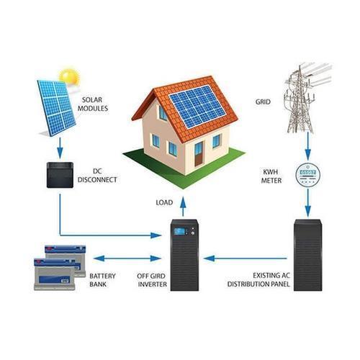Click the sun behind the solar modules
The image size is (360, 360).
[x=69, y=76]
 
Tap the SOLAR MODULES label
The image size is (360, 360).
[x=93, y=104]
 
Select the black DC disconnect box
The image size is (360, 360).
[x=60, y=175]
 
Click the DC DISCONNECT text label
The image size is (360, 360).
[x=97, y=176]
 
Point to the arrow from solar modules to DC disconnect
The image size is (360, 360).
[x=60, y=148]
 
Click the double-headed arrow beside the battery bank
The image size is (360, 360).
[x=127, y=258]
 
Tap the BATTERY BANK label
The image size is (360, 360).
[x=102, y=280]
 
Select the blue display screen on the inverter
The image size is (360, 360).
[x=180, y=231]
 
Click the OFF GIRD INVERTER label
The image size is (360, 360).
[x=152, y=280]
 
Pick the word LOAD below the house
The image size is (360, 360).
[x=164, y=202]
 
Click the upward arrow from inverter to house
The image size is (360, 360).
[x=184, y=207]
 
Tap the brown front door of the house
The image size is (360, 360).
[x=199, y=154]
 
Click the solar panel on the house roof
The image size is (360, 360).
[x=197, y=107]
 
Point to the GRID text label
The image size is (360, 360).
[x=263, y=102]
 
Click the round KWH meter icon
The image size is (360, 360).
[x=308, y=175]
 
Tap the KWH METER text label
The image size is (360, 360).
[x=271, y=176]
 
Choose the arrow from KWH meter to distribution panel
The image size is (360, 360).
[x=308, y=203]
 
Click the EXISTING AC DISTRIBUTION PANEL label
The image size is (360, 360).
[x=258, y=280]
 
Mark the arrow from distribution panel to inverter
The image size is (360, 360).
[x=245, y=258]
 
